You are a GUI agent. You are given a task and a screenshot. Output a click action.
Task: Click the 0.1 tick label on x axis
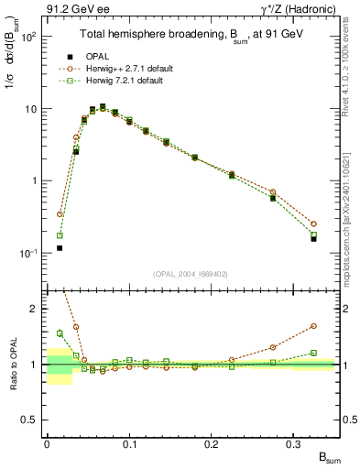tap(128, 445)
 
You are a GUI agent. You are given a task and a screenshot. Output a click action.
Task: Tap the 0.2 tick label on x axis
tap(211, 445)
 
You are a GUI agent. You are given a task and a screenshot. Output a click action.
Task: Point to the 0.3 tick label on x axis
tap(293, 445)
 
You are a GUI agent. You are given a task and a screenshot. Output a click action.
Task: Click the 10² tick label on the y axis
tap(27, 38)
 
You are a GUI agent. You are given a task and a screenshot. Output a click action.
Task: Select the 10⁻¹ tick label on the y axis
tap(27, 253)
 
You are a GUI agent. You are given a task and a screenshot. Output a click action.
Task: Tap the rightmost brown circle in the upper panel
tap(313, 224)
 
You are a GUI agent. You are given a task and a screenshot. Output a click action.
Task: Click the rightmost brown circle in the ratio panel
tap(313, 325)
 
